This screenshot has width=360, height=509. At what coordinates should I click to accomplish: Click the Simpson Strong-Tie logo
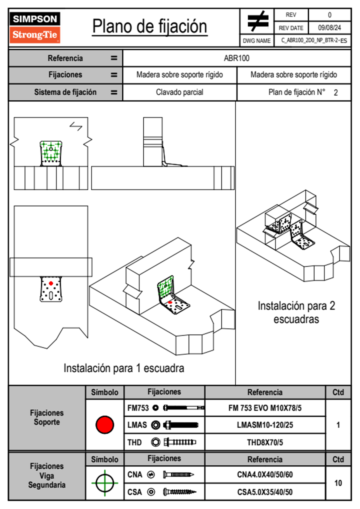[x=35, y=28]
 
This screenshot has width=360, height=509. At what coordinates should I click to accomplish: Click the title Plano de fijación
[x=150, y=26]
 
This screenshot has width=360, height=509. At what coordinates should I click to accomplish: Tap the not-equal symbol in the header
[x=257, y=21]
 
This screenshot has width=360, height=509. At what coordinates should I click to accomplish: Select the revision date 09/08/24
[x=329, y=28]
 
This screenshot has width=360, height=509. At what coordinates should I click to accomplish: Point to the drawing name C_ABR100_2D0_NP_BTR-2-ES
[x=314, y=40]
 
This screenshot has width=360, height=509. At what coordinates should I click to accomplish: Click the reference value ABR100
[x=237, y=58]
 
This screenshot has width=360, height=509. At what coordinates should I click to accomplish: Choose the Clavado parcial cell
[x=179, y=92]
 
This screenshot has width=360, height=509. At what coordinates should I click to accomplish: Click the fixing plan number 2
[x=336, y=93]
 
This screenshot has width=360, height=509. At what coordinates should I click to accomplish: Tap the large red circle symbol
[x=105, y=425]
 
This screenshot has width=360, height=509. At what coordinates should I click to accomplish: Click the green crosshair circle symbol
[x=105, y=483]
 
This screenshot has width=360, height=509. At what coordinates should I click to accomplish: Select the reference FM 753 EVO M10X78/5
[x=265, y=408]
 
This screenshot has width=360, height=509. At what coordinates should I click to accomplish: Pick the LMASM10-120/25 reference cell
[x=265, y=425]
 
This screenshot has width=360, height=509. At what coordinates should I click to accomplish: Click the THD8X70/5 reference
[x=265, y=442]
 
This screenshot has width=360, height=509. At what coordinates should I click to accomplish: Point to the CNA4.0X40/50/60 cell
[x=265, y=475]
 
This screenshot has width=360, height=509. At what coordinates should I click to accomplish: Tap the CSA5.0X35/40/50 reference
[x=265, y=492]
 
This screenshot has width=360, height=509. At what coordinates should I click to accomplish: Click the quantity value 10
[x=338, y=483]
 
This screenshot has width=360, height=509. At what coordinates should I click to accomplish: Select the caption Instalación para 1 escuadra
[x=124, y=368]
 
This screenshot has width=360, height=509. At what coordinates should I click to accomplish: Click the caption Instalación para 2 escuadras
[x=296, y=312]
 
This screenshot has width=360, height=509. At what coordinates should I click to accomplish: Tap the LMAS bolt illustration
[x=181, y=425]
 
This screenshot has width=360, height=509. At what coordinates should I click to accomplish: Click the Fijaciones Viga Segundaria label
[x=47, y=475]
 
